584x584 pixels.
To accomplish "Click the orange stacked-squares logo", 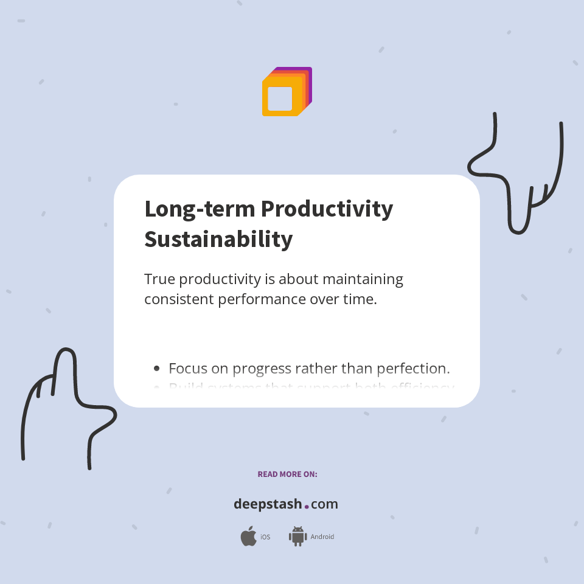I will point(287,91).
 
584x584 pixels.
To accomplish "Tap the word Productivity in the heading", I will point(327,209).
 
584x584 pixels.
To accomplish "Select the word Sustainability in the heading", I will point(218,239).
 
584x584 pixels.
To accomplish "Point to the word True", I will point(159,279).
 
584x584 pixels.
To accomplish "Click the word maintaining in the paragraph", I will point(363,279).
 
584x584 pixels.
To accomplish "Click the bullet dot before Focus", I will point(157,368).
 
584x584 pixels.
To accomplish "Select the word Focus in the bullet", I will point(187,368).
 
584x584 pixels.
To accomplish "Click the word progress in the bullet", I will point(261,369).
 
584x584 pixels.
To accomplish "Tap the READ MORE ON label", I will point(287,474).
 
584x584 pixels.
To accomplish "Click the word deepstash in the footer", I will point(268,504).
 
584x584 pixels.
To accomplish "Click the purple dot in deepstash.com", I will point(307,506).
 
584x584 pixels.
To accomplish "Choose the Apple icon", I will point(248,537).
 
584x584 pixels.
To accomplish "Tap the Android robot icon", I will point(297,537).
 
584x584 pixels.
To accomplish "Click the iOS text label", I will point(265,537).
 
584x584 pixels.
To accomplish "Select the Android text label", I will point(322,537).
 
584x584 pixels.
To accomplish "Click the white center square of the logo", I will point(280,99).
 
